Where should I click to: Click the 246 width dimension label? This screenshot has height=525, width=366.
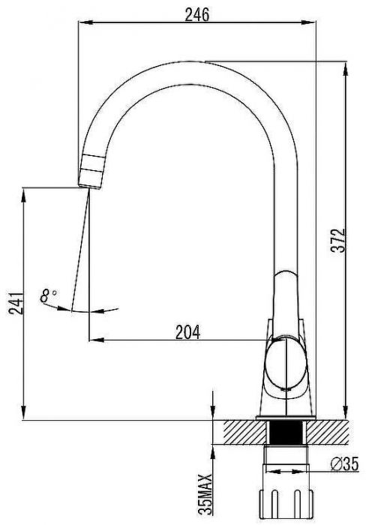197,15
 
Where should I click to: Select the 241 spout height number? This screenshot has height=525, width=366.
16,303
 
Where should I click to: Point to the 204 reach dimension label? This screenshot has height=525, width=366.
188,332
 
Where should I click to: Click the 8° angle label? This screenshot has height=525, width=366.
48,295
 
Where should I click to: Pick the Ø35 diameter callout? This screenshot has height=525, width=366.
344,464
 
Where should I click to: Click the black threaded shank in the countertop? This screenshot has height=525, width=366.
285,432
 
